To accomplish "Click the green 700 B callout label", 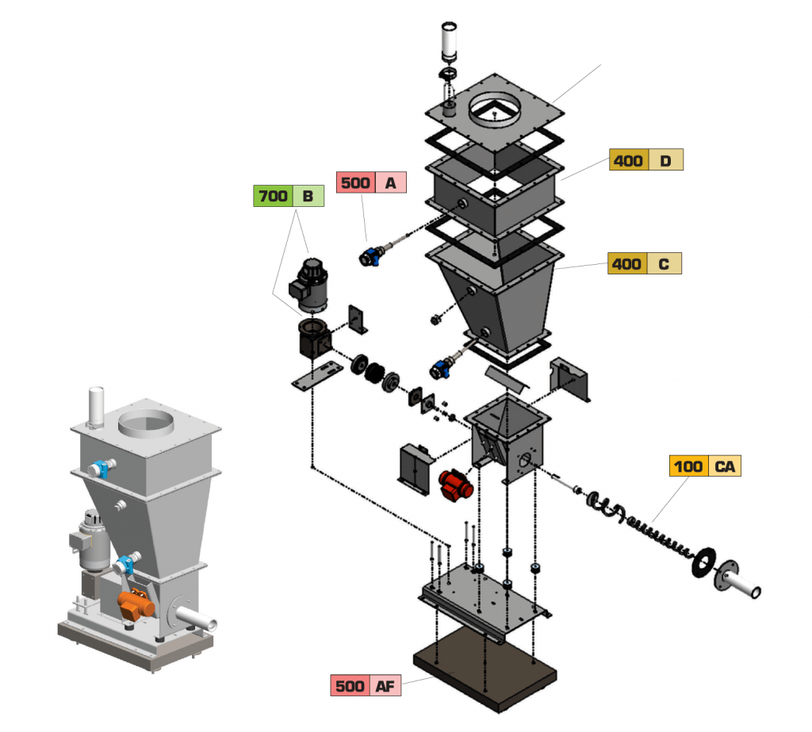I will (x=289, y=195).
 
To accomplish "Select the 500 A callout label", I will (x=371, y=182).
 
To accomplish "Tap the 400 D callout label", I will (x=645, y=160).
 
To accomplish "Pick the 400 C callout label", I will (x=644, y=263).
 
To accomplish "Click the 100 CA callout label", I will (x=704, y=466).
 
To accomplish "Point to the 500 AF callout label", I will (x=366, y=686).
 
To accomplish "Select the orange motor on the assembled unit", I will (x=136, y=604).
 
